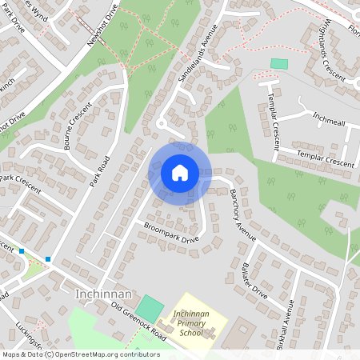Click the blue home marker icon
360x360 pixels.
coord(180,172)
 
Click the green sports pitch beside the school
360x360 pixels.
coord(149,307)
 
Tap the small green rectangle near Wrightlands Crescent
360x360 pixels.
coord(278,63)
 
